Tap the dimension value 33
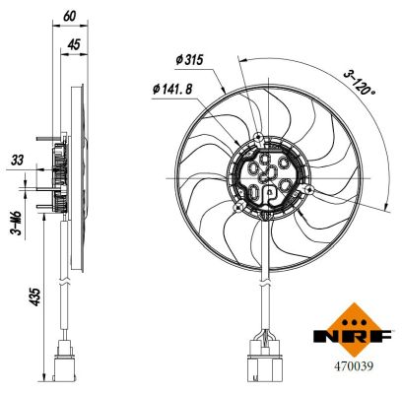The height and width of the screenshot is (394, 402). [x=16, y=159]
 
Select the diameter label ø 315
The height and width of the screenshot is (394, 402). [x=188, y=61]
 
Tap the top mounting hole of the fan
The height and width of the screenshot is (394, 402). [x=258, y=136]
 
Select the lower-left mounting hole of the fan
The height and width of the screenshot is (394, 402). [x=238, y=208]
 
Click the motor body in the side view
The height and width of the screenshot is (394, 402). [x=58, y=178]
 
